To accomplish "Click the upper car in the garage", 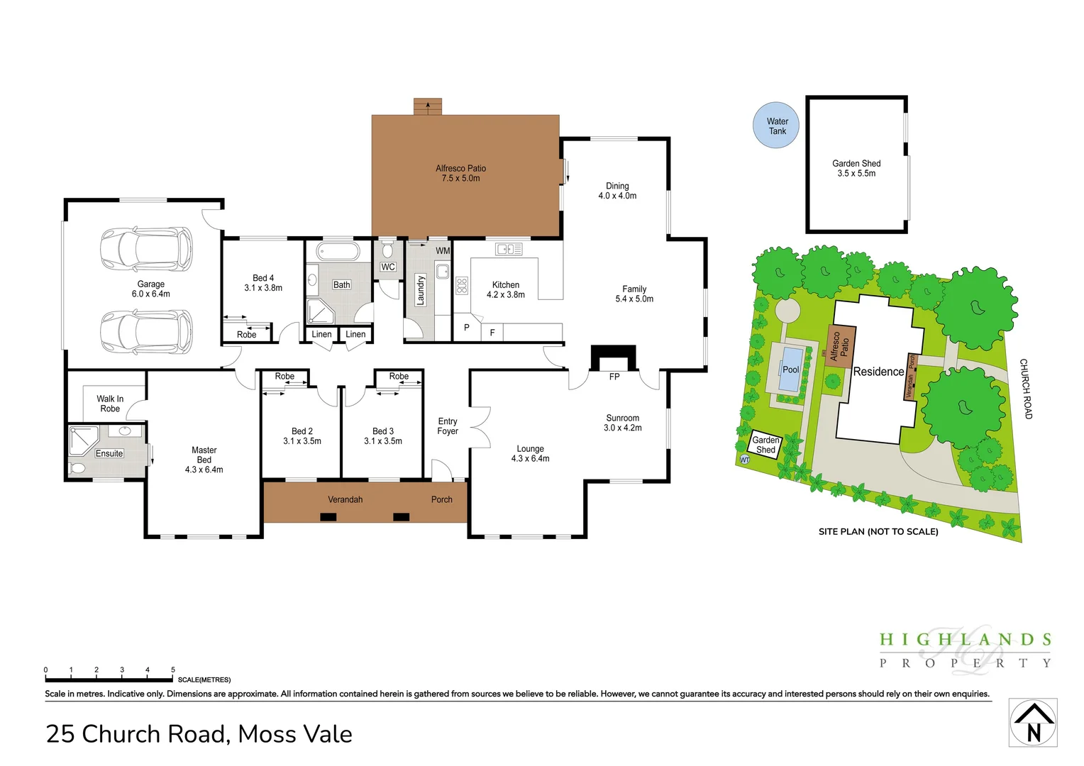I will pos(146,249).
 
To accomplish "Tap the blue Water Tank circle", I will pos(777,125).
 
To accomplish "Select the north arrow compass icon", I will pos(1033,723).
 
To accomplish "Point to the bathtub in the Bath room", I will pos(338,251).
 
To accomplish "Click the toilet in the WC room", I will pos(387,250).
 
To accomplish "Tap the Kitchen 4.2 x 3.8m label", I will pos(505,289).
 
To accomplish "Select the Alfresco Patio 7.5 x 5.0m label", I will pos(460,173).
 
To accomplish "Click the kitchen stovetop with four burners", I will pos(462,285).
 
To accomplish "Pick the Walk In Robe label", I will pos(110,404).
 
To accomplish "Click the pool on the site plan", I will pos(790,368).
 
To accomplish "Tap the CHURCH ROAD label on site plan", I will pos(1025,389).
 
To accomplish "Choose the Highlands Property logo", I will pos(965,649).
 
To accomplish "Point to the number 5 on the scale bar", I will pos(173,670).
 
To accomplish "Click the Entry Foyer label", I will pos(448,426).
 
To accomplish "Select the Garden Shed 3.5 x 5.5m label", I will pos(856,168).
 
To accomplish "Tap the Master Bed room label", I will pos(204,460).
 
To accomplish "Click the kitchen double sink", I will pos(509,249).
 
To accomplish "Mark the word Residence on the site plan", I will pos(878,372).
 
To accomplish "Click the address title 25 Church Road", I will pos(199,733).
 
